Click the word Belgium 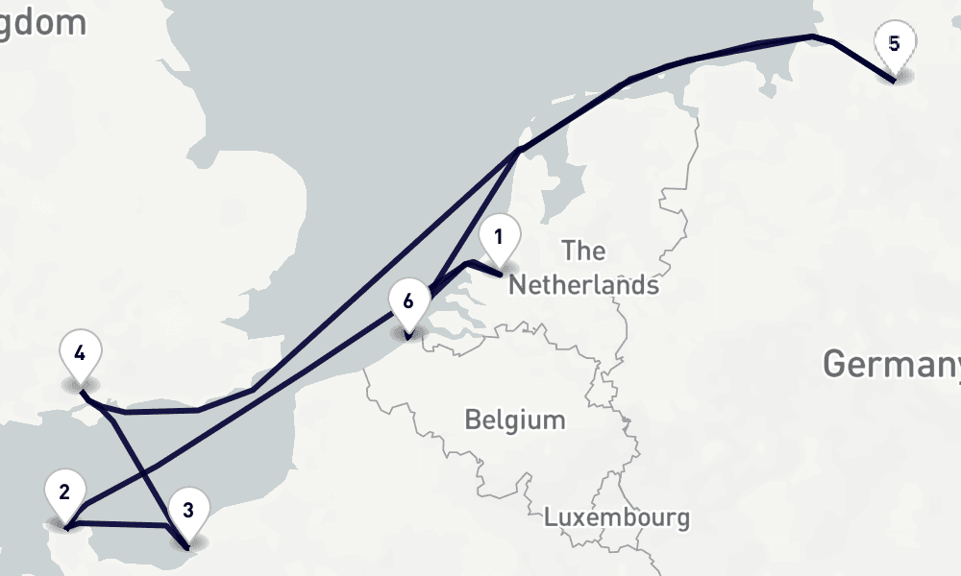pos(514,420)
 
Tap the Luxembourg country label pos(616,517)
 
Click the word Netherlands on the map pos(583,285)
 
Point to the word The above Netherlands pos(583,252)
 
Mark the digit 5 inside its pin pos(895,43)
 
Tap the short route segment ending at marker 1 pos(485,268)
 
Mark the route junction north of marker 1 pos(519,150)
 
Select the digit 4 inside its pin pos(80,352)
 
